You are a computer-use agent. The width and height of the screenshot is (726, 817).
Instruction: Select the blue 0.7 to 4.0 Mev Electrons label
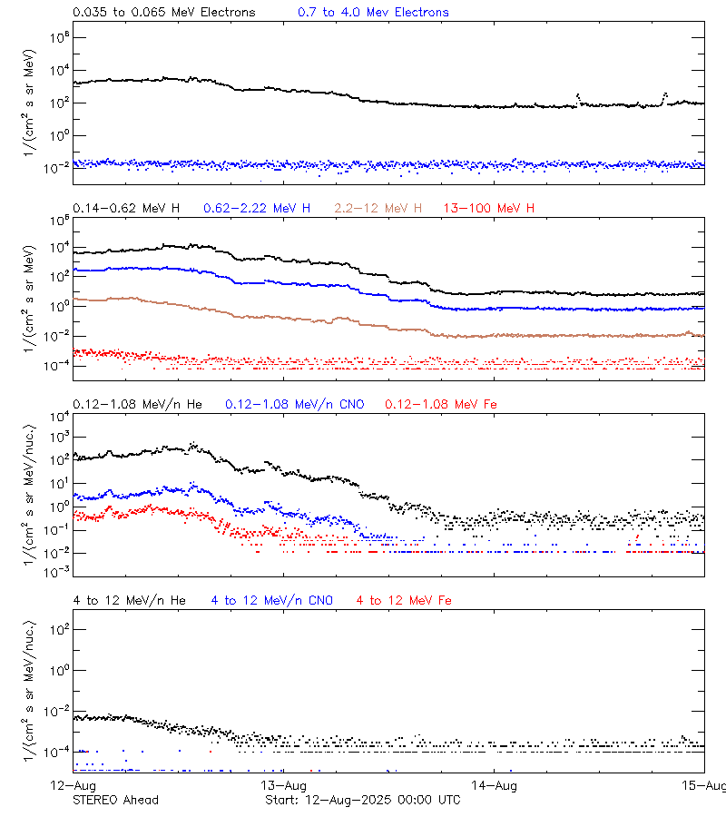(x=373, y=13)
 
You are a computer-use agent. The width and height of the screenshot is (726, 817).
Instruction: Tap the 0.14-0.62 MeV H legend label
(x=126, y=209)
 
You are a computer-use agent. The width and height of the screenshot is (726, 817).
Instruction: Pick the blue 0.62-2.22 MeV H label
(x=257, y=209)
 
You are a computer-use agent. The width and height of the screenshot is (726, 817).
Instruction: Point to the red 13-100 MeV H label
(x=489, y=209)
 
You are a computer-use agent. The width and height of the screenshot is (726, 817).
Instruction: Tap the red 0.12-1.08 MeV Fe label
(x=441, y=404)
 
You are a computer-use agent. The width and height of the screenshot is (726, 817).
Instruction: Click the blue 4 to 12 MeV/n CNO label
(x=271, y=600)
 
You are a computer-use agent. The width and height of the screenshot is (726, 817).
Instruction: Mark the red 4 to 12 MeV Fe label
(x=404, y=600)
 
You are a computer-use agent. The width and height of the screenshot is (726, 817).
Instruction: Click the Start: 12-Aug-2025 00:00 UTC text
(x=362, y=800)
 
